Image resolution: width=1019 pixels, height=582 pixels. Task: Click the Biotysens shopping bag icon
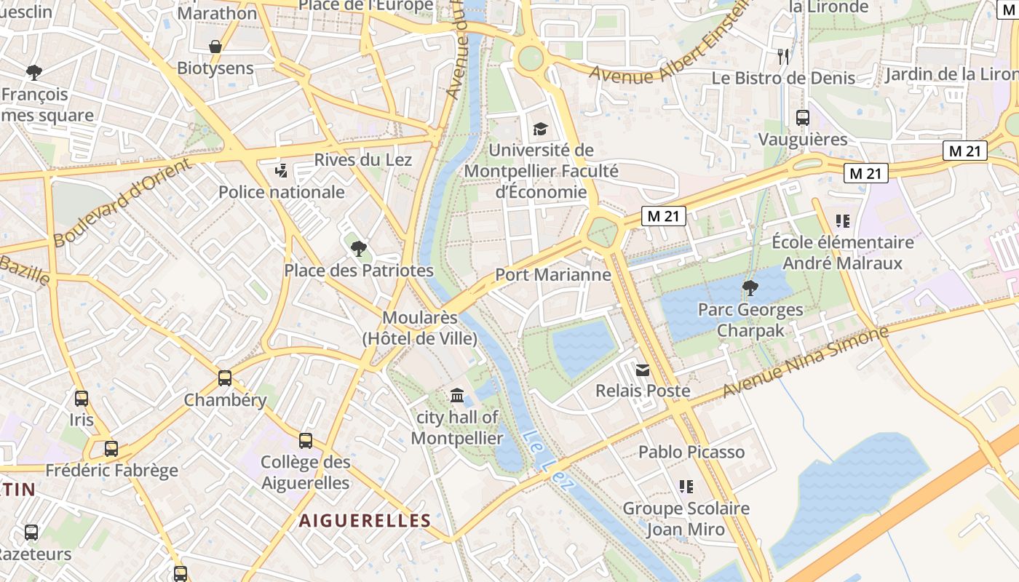[x=215, y=47]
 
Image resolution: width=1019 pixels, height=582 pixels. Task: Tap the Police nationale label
[x=282, y=192]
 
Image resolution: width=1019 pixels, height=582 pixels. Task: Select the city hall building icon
[x=457, y=395]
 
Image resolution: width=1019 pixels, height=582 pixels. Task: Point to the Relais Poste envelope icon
[x=642, y=370]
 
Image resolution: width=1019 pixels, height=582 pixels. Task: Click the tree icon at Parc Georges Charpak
[x=750, y=288]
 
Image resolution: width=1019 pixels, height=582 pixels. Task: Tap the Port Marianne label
[x=552, y=274]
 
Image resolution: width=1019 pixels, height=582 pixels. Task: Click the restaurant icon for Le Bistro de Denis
[x=783, y=56]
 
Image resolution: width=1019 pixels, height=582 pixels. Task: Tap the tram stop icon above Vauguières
[x=803, y=117]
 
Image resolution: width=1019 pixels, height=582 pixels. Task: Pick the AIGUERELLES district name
[x=365, y=520]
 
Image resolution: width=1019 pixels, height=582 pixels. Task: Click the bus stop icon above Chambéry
[x=225, y=378]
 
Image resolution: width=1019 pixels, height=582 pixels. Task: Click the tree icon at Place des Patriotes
[x=358, y=249]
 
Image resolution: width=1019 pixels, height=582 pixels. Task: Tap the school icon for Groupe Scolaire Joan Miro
[x=686, y=486]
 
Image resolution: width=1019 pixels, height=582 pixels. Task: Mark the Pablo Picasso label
[x=691, y=452]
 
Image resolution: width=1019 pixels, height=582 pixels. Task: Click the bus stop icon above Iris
[x=82, y=399]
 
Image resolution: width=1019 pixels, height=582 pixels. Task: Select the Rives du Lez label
[x=363, y=160]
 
